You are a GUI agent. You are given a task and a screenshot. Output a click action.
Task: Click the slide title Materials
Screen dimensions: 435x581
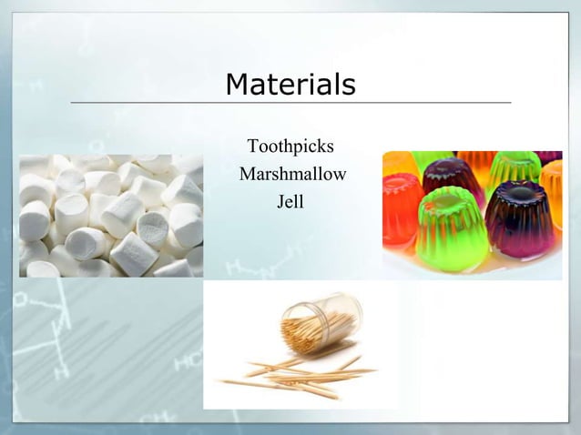290,85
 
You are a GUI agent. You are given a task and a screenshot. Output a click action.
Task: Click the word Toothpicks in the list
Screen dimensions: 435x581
290,147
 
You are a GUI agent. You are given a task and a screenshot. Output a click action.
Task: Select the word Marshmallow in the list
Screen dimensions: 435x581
292,175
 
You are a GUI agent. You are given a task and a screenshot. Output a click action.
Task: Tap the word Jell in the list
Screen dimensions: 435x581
290,202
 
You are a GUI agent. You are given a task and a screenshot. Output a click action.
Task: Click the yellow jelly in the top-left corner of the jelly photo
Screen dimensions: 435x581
397,163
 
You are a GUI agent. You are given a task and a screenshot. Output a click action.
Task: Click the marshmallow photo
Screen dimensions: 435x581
111,215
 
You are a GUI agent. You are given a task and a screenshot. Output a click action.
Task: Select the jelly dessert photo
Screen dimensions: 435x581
472,215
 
